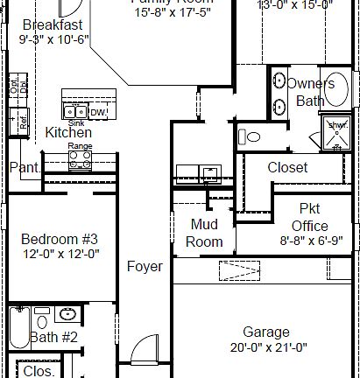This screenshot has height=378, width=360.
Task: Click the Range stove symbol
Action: coord(80,158)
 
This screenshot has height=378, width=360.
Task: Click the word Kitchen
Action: coord(68,132)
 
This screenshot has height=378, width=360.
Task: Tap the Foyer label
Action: coord(145,266)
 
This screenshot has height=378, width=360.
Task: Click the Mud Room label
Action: coord(206,233)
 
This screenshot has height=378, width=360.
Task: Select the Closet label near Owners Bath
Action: coord(287,167)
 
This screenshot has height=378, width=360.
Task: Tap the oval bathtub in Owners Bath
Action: coord(340,88)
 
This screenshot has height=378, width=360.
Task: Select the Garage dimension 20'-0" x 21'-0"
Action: coord(266,346)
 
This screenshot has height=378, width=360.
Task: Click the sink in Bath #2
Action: coord(67,315)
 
